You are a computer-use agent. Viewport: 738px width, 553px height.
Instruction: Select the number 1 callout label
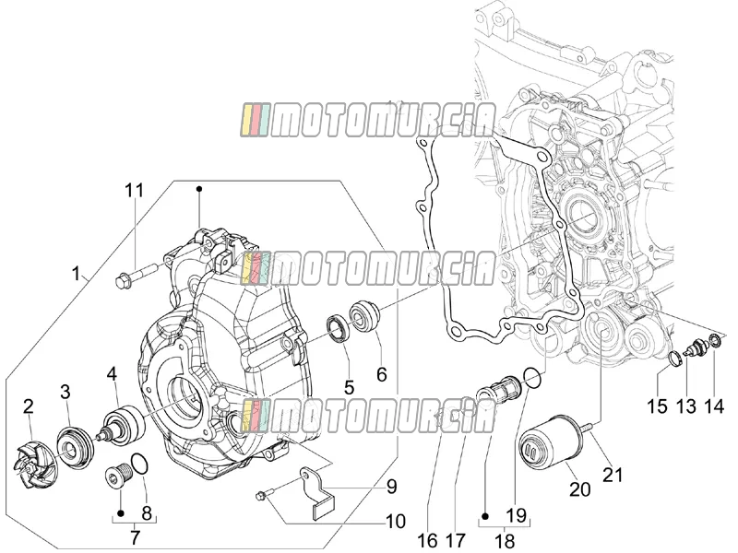pos(76,273)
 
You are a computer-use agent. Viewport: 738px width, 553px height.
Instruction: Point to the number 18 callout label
pos(505,541)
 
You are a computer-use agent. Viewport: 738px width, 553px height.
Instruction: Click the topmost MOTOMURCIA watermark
pos(368,121)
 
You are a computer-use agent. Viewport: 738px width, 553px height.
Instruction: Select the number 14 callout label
pos(713,406)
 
